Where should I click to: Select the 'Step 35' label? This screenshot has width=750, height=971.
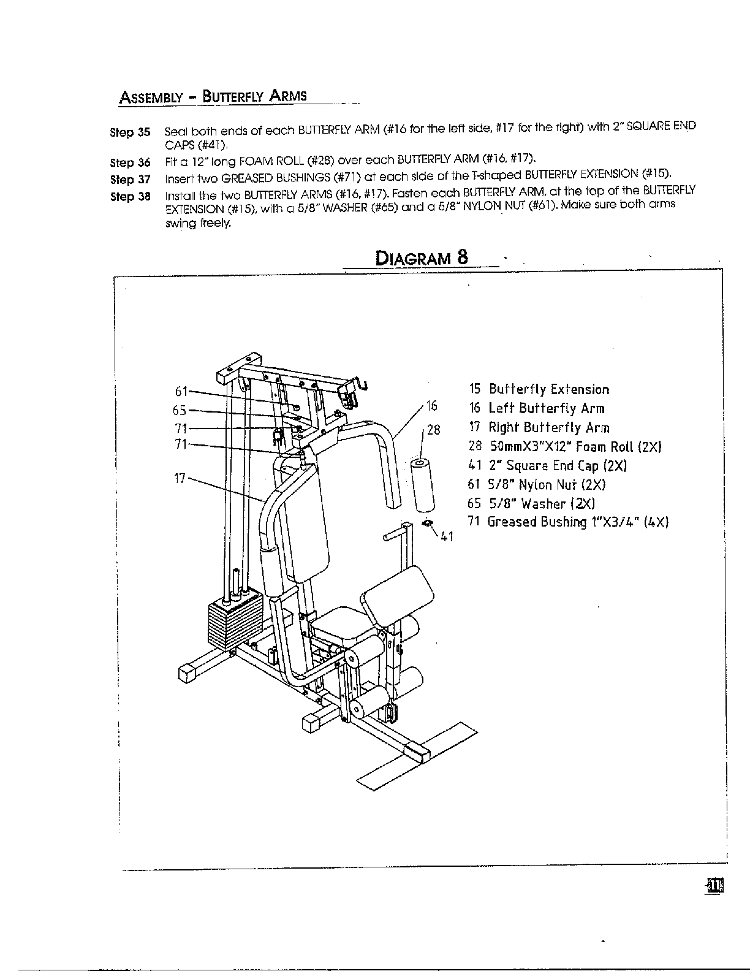tap(129, 132)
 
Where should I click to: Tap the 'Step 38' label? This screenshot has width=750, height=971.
tap(129, 197)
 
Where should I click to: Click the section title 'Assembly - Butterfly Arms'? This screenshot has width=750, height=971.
tap(213, 97)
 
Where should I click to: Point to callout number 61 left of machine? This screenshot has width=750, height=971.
tap(181, 391)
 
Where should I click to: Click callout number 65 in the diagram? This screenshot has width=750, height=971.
tap(180, 411)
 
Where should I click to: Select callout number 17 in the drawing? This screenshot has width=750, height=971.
tap(180, 478)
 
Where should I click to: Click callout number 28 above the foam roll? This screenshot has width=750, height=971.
tap(433, 430)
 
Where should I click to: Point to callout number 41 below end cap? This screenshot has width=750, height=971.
tap(446, 537)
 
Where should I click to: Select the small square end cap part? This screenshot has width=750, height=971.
tap(428, 522)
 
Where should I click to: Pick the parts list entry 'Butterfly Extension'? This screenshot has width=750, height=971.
tap(539, 390)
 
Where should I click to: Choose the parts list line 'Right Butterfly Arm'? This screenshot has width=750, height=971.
tap(539, 428)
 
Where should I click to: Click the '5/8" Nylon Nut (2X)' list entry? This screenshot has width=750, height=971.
tap(537, 485)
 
